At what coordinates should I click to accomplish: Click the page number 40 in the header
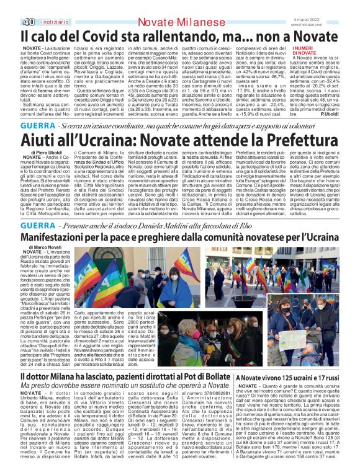click(11, 6)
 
